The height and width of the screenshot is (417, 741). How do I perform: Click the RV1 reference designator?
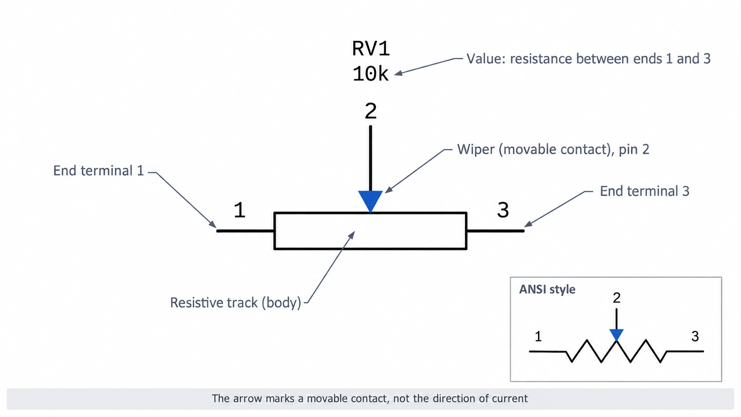[x=371, y=49]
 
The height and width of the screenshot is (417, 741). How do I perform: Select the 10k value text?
[x=370, y=74]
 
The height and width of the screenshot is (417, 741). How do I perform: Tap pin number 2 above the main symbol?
[x=370, y=111]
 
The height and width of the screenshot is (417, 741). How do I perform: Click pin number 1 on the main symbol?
[x=239, y=210]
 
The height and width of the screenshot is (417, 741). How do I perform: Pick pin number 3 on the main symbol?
[x=503, y=210]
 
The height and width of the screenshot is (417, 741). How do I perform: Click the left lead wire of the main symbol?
[x=245, y=231]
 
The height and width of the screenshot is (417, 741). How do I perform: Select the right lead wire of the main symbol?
[x=495, y=231]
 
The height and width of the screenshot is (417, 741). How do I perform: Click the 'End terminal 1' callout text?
[x=98, y=171]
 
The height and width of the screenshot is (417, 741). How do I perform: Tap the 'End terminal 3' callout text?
[x=645, y=191]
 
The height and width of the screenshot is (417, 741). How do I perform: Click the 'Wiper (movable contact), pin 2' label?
[x=553, y=149]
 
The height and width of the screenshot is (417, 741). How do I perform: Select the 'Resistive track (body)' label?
[x=235, y=303]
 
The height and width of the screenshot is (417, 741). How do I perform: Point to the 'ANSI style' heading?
[x=547, y=289]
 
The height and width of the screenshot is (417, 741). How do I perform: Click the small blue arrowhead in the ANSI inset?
[x=616, y=334]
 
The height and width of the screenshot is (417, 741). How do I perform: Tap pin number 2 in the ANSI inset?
[x=616, y=298]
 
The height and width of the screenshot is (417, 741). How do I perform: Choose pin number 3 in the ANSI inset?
[x=695, y=337]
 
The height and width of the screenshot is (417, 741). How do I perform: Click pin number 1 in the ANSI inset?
[x=538, y=337]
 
